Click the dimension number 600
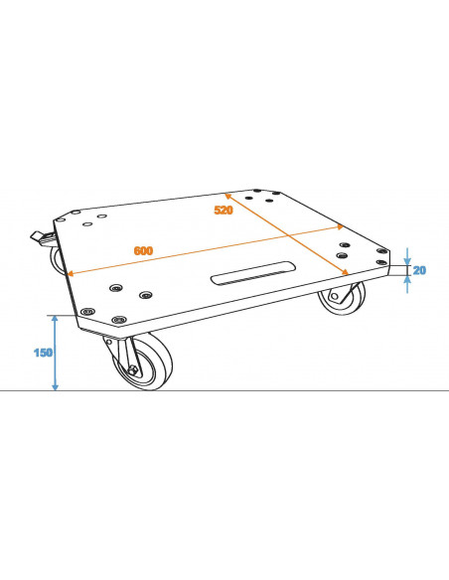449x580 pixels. pos(143,250)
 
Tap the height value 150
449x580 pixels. pos(42,352)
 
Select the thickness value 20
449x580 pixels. pos(419,270)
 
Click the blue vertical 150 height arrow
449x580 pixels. pos(56,353)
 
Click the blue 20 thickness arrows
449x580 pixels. pos(406,269)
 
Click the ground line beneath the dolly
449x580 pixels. pos(298,390)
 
